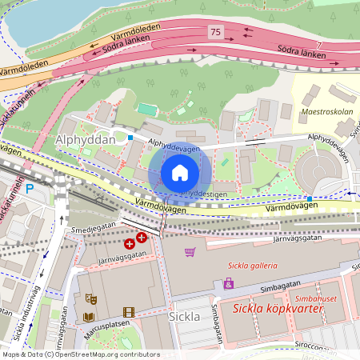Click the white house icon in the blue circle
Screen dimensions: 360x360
(x=180, y=173)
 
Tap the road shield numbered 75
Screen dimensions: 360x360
(x=214, y=31)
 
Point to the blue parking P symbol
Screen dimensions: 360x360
(x=30, y=189)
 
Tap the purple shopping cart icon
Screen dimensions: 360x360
(x=190, y=252)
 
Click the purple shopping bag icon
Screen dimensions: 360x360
(x=229, y=283)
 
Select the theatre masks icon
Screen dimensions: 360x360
(x=91, y=298)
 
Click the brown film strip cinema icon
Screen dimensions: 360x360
(x=129, y=312)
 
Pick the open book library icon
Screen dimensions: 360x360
(x=89, y=317)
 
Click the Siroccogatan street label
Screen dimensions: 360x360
(x=334, y=346)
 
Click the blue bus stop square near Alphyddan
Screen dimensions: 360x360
(x=130, y=138)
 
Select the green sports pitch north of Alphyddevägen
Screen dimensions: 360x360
(x=146, y=108)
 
